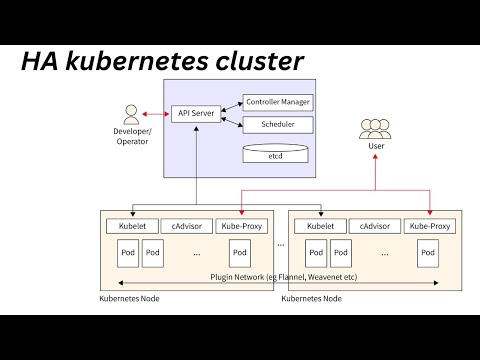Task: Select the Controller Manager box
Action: click(x=277, y=102)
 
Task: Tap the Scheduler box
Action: click(x=277, y=125)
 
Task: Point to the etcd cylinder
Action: click(x=274, y=155)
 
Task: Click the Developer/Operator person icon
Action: click(x=130, y=113)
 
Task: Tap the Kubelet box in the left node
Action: click(x=128, y=226)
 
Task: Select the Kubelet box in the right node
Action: click(x=320, y=226)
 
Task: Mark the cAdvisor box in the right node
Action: click(x=375, y=226)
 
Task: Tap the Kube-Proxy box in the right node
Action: click(x=429, y=226)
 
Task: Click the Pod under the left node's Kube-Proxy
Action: click(x=239, y=253)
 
